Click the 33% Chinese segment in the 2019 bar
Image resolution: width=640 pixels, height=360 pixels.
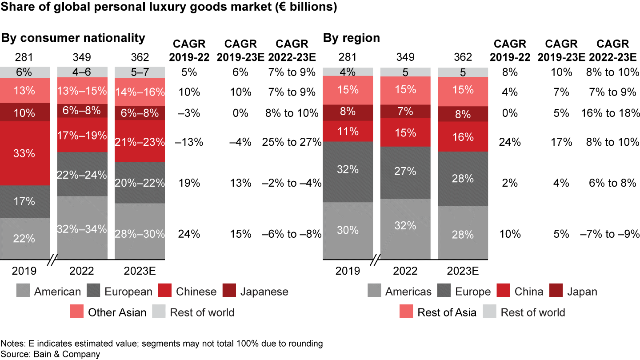click(x=25, y=153)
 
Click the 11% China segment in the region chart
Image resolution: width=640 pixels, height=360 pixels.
click(x=348, y=131)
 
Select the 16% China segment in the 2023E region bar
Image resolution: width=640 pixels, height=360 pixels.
click(x=463, y=137)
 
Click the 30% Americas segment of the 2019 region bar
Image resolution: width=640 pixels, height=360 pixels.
click(x=348, y=230)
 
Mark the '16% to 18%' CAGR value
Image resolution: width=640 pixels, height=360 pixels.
click(x=610, y=113)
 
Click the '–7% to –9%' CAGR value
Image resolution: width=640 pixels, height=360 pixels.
click(x=610, y=234)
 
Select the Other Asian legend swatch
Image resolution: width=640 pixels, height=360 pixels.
click(x=77, y=312)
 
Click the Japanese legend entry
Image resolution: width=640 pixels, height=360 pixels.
click(x=264, y=292)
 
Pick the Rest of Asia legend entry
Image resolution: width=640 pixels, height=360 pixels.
click(x=447, y=312)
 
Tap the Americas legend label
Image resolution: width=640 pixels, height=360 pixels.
click(x=408, y=292)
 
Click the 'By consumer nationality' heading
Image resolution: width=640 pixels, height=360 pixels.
click(x=73, y=38)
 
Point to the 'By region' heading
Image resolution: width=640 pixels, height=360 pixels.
click(x=352, y=38)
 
